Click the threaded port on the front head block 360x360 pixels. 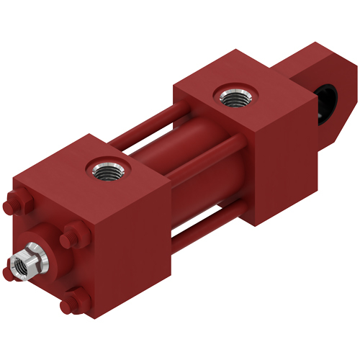(105, 171)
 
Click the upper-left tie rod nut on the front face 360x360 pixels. (17, 203)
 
